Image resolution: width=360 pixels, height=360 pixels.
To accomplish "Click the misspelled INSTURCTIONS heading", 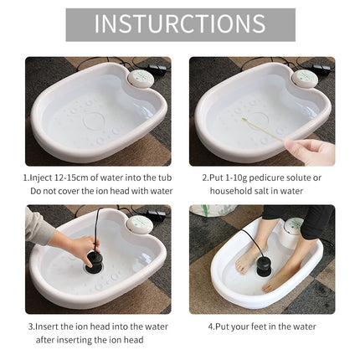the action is coord(180,23).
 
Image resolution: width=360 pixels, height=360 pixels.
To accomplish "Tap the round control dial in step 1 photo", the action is coord(141,78).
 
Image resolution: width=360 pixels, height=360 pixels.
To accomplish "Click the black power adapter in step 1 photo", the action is coord(157,69).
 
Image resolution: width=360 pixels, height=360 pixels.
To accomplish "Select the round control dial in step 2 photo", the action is coord(305,78).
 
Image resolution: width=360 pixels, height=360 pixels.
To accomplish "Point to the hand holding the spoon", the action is coord(311,151).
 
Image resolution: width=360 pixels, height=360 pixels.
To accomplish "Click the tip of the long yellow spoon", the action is coord(243,120).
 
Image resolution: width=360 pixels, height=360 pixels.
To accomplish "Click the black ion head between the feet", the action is coord(263,266).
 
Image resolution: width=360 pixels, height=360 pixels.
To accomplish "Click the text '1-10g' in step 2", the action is coord(234,177).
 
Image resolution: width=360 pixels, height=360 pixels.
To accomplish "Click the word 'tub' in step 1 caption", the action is coord(164,177).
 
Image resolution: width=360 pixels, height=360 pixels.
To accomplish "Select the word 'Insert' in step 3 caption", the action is coord(47,327).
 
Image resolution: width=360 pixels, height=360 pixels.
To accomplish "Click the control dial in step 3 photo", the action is coord(140,224).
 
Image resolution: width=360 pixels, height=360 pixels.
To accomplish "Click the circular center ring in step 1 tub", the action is coord(94,122).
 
